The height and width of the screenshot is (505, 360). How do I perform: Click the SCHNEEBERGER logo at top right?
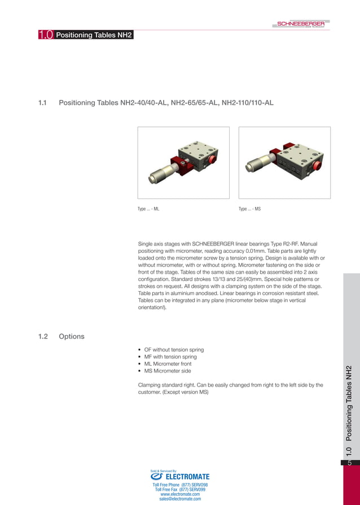(300, 24)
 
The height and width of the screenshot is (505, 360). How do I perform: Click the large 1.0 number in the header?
(46, 36)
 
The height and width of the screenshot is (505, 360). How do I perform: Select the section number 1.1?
(43, 103)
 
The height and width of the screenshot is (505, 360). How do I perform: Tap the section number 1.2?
(43, 336)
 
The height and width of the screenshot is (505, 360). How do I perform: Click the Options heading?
(72, 336)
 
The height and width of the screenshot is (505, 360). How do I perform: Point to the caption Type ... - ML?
(148, 209)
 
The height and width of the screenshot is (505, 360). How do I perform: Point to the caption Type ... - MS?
(249, 209)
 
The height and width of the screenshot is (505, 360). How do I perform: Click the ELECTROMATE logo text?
(187, 476)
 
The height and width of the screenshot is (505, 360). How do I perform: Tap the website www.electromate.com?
(180, 494)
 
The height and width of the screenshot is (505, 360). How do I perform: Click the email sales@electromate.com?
(180, 499)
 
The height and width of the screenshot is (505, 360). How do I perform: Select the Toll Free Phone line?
(180, 485)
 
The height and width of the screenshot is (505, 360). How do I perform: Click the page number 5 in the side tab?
(350, 463)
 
